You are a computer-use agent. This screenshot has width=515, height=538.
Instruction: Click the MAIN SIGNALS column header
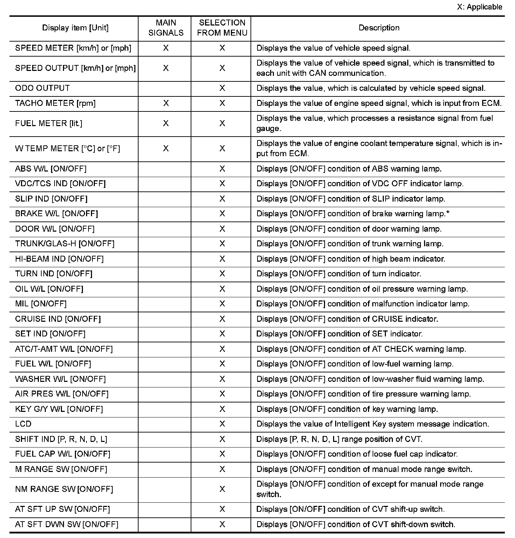tap(166, 28)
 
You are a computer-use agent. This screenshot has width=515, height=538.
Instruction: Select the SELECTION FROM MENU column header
tap(222, 28)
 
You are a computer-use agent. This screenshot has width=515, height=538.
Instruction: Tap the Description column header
tap(379, 28)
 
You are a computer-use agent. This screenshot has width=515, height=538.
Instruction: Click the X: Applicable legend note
tap(479, 7)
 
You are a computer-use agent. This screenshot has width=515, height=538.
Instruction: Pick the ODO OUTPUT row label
tap(42, 88)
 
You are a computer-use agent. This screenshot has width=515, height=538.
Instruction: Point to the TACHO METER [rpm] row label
tap(55, 103)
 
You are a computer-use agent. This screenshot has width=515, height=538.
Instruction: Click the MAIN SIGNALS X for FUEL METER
tap(166, 124)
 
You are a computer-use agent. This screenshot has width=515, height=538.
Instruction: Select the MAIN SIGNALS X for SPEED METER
tap(166, 48)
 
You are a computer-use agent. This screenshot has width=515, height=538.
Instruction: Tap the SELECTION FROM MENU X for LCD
tap(222, 424)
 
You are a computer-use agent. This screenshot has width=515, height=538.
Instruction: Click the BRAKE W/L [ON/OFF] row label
tap(56, 214)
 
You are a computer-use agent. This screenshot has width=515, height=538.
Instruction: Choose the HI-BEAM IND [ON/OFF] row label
tap(59, 259)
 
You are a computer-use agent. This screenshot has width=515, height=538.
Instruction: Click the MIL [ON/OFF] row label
tap(41, 304)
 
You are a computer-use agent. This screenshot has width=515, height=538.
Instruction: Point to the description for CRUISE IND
tap(347, 319)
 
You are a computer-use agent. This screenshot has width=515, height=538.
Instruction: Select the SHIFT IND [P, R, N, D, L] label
tap(61, 439)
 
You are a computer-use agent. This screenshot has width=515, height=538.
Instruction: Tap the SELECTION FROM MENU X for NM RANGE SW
tap(222, 489)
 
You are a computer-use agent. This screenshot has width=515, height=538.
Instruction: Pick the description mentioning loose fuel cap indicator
tap(357, 454)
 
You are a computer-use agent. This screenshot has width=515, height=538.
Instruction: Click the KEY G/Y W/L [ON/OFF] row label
tap(59, 409)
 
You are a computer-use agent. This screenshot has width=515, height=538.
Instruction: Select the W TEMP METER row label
tap(67, 149)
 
